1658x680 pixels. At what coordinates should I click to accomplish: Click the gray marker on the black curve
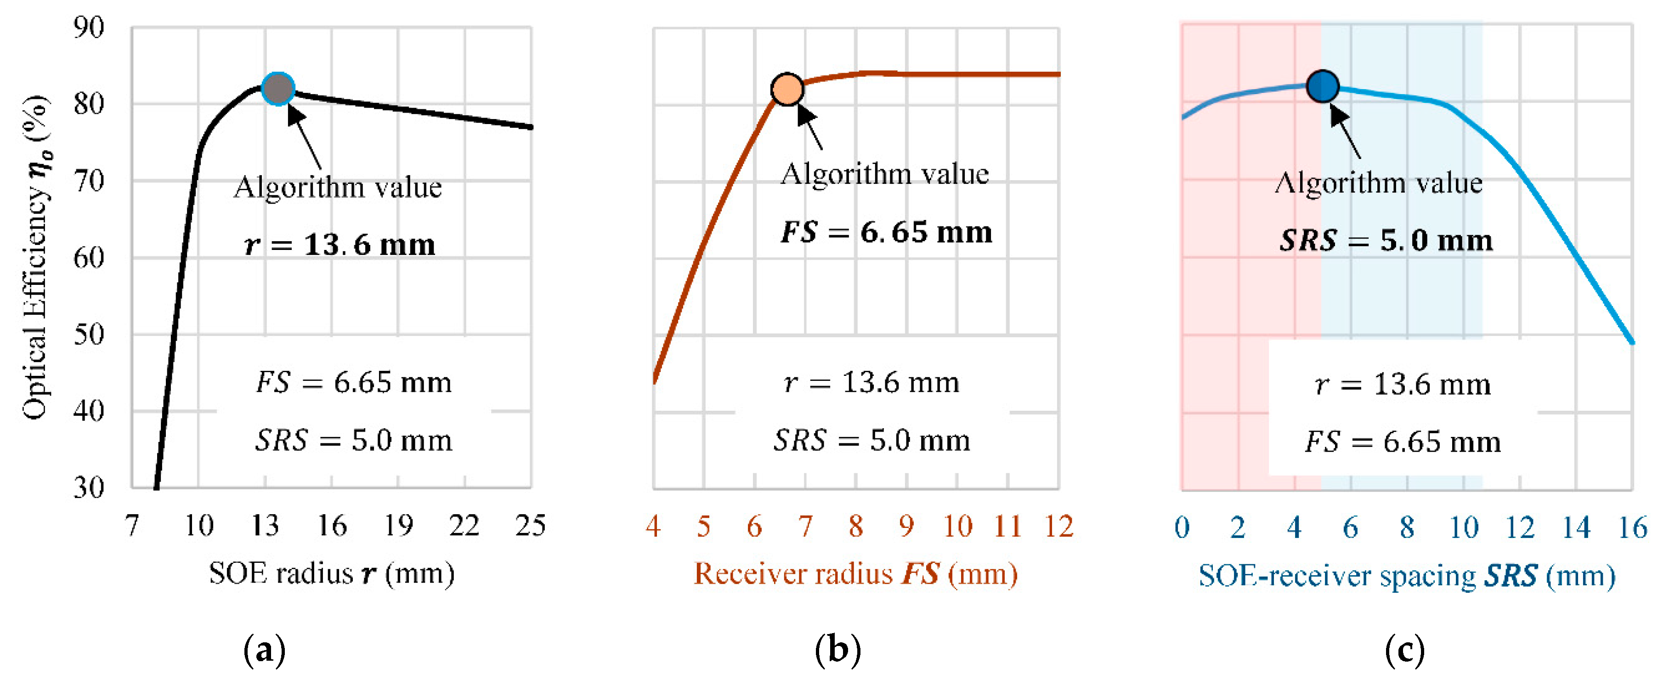[278, 89]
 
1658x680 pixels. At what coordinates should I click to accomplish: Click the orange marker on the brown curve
[787, 89]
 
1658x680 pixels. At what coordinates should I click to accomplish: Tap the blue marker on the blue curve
[1323, 86]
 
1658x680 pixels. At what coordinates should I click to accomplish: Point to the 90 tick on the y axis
[89, 28]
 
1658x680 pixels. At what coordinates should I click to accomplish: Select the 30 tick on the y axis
[89, 487]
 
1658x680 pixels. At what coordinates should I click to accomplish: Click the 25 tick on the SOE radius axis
[530, 526]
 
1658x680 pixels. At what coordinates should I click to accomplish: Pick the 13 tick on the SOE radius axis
[265, 526]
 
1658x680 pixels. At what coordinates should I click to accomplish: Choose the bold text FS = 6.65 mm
[886, 232]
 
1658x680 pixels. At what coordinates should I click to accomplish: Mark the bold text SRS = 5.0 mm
[1386, 241]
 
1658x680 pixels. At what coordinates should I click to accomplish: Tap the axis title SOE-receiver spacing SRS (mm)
[1406, 576]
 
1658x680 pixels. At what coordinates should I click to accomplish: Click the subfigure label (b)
[837, 651]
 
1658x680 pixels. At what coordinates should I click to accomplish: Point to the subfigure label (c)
[1404, 651]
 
